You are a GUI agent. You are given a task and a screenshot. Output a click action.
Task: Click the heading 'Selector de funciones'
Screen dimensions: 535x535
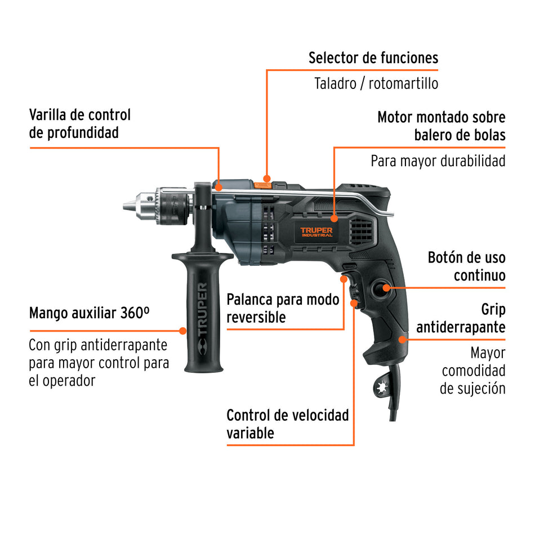click(x=373, y=57)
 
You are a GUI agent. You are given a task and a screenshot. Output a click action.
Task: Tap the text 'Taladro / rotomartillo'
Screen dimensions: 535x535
click(x=376, y=84)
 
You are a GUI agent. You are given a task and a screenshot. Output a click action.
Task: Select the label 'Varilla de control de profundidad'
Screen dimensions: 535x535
click(x=79, y=123)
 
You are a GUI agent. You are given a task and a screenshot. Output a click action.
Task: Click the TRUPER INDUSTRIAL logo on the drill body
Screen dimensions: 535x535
click(x=316, y=232)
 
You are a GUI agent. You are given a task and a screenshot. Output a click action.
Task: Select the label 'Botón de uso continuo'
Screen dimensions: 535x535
click(x=466, y=266)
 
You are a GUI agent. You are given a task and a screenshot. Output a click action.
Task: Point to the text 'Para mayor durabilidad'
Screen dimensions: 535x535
click(x=438, y=161)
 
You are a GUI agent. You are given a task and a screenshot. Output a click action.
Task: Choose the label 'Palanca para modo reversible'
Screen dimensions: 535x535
click(x=283, y=308)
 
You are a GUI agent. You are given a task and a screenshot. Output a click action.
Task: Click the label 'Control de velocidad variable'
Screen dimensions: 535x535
click(x=287, y=424)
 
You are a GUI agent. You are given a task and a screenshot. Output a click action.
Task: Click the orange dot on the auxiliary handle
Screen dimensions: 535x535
click(x=182, y=330)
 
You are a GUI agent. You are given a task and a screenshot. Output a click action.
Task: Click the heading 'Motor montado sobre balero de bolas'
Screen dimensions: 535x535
click(x=441, y=126)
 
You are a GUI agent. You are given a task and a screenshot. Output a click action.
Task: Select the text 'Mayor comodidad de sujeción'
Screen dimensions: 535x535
click(x=473, y=371)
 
